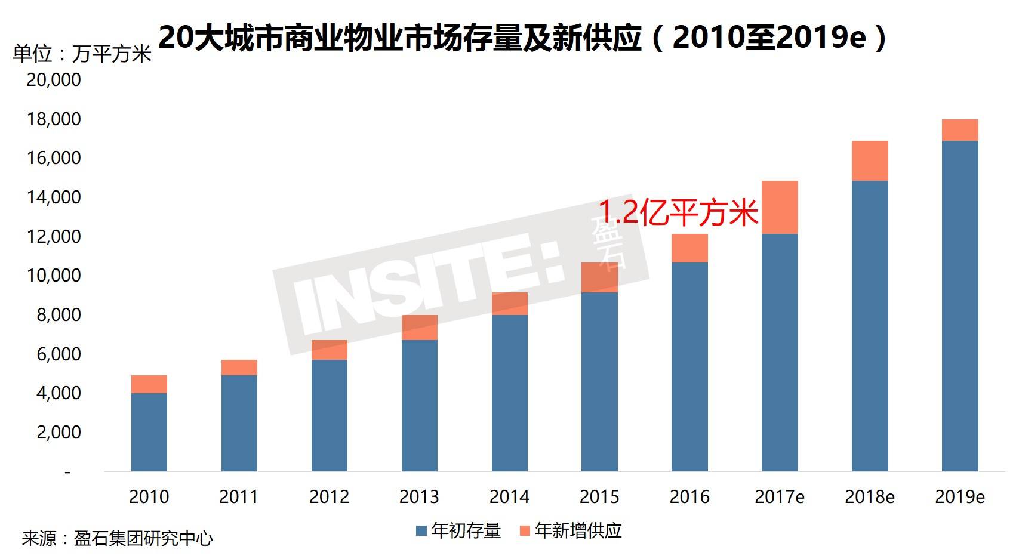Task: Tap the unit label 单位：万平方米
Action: coord(82,55)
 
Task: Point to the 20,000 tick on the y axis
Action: coord(54,80)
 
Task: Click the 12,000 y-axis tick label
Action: coord(54,237)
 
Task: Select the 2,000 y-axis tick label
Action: coord(59,433)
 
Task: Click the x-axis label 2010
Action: coord(149,497)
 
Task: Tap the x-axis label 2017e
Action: coord(780,497)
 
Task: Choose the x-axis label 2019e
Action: coord(960,497)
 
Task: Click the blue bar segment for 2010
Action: coord(149,432)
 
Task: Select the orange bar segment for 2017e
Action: coord(780,207)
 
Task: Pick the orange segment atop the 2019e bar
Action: coord(960,130)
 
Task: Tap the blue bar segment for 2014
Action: coord(509,393)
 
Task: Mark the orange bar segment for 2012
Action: coord(329,350)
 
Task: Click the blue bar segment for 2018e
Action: coord(870,326)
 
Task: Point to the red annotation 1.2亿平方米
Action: coord(678,212)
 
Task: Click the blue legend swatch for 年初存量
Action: coord(421,530)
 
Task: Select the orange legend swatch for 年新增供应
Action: coord(525,530)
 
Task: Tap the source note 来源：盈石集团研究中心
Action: coord(118,539)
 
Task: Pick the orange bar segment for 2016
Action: coord(689,248)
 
